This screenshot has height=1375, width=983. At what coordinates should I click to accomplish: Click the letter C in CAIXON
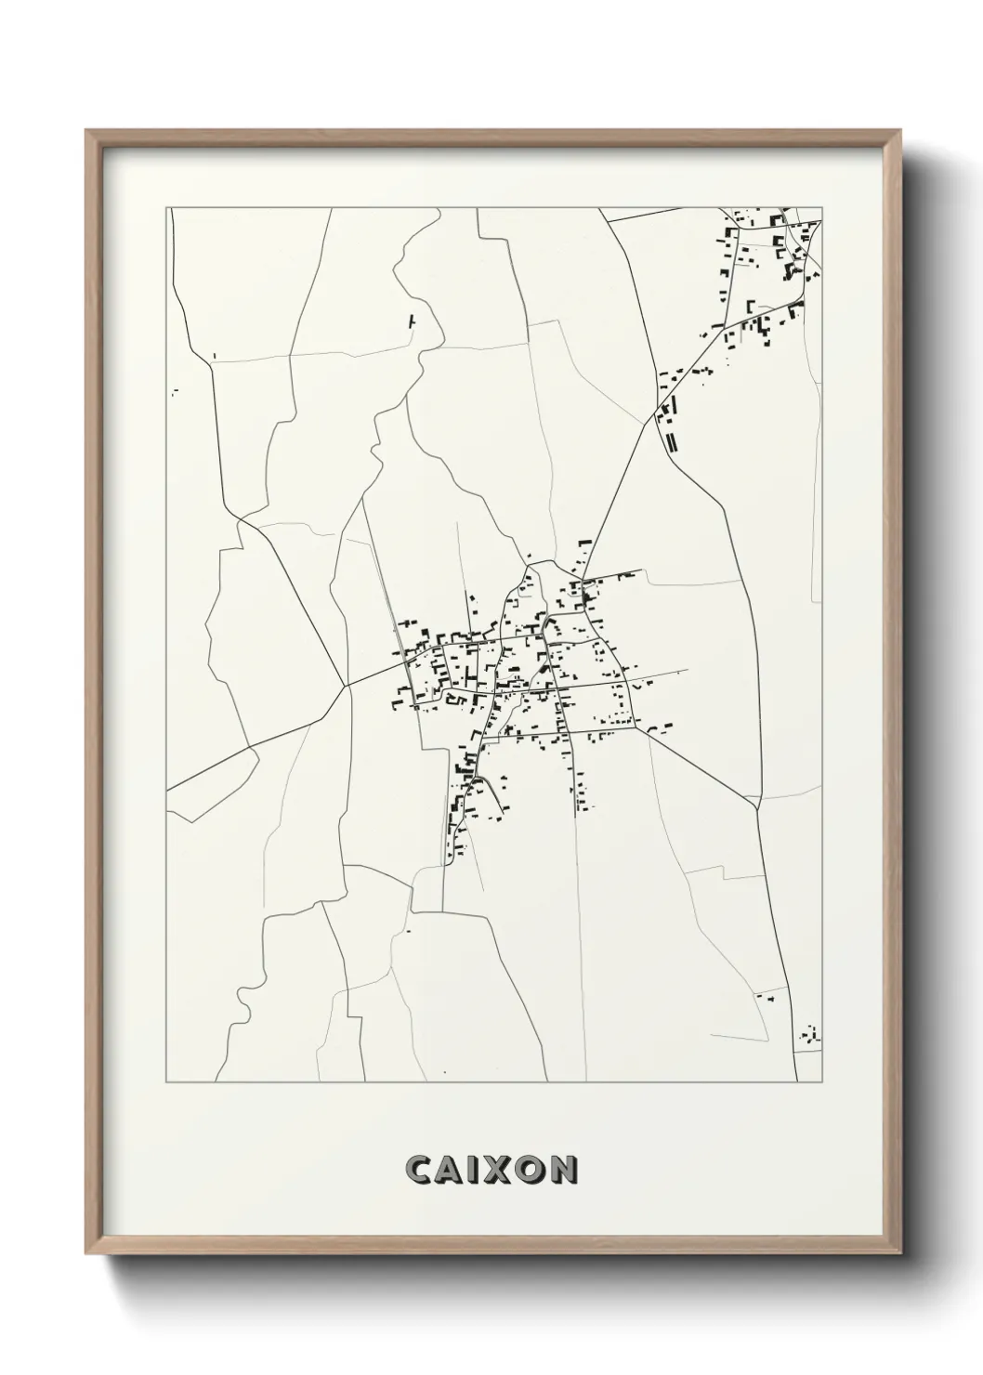(418, 1171)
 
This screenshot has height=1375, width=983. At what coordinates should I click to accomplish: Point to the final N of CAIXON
(561, 1171)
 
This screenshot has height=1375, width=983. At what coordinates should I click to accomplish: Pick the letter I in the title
(469, 1171)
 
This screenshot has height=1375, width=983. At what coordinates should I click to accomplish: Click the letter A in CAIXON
(446, 1171)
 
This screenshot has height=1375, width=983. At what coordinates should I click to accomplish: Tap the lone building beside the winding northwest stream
(412, 321)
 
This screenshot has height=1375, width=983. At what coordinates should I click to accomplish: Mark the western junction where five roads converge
(347, 687)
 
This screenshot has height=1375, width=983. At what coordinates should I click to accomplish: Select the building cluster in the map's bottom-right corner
(811, 1034)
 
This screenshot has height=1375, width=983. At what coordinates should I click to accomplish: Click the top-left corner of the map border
(167, 208)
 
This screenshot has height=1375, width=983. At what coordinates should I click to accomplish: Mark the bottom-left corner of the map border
(167, 1082)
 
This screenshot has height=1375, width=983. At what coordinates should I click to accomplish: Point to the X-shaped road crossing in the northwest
(239, 518)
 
